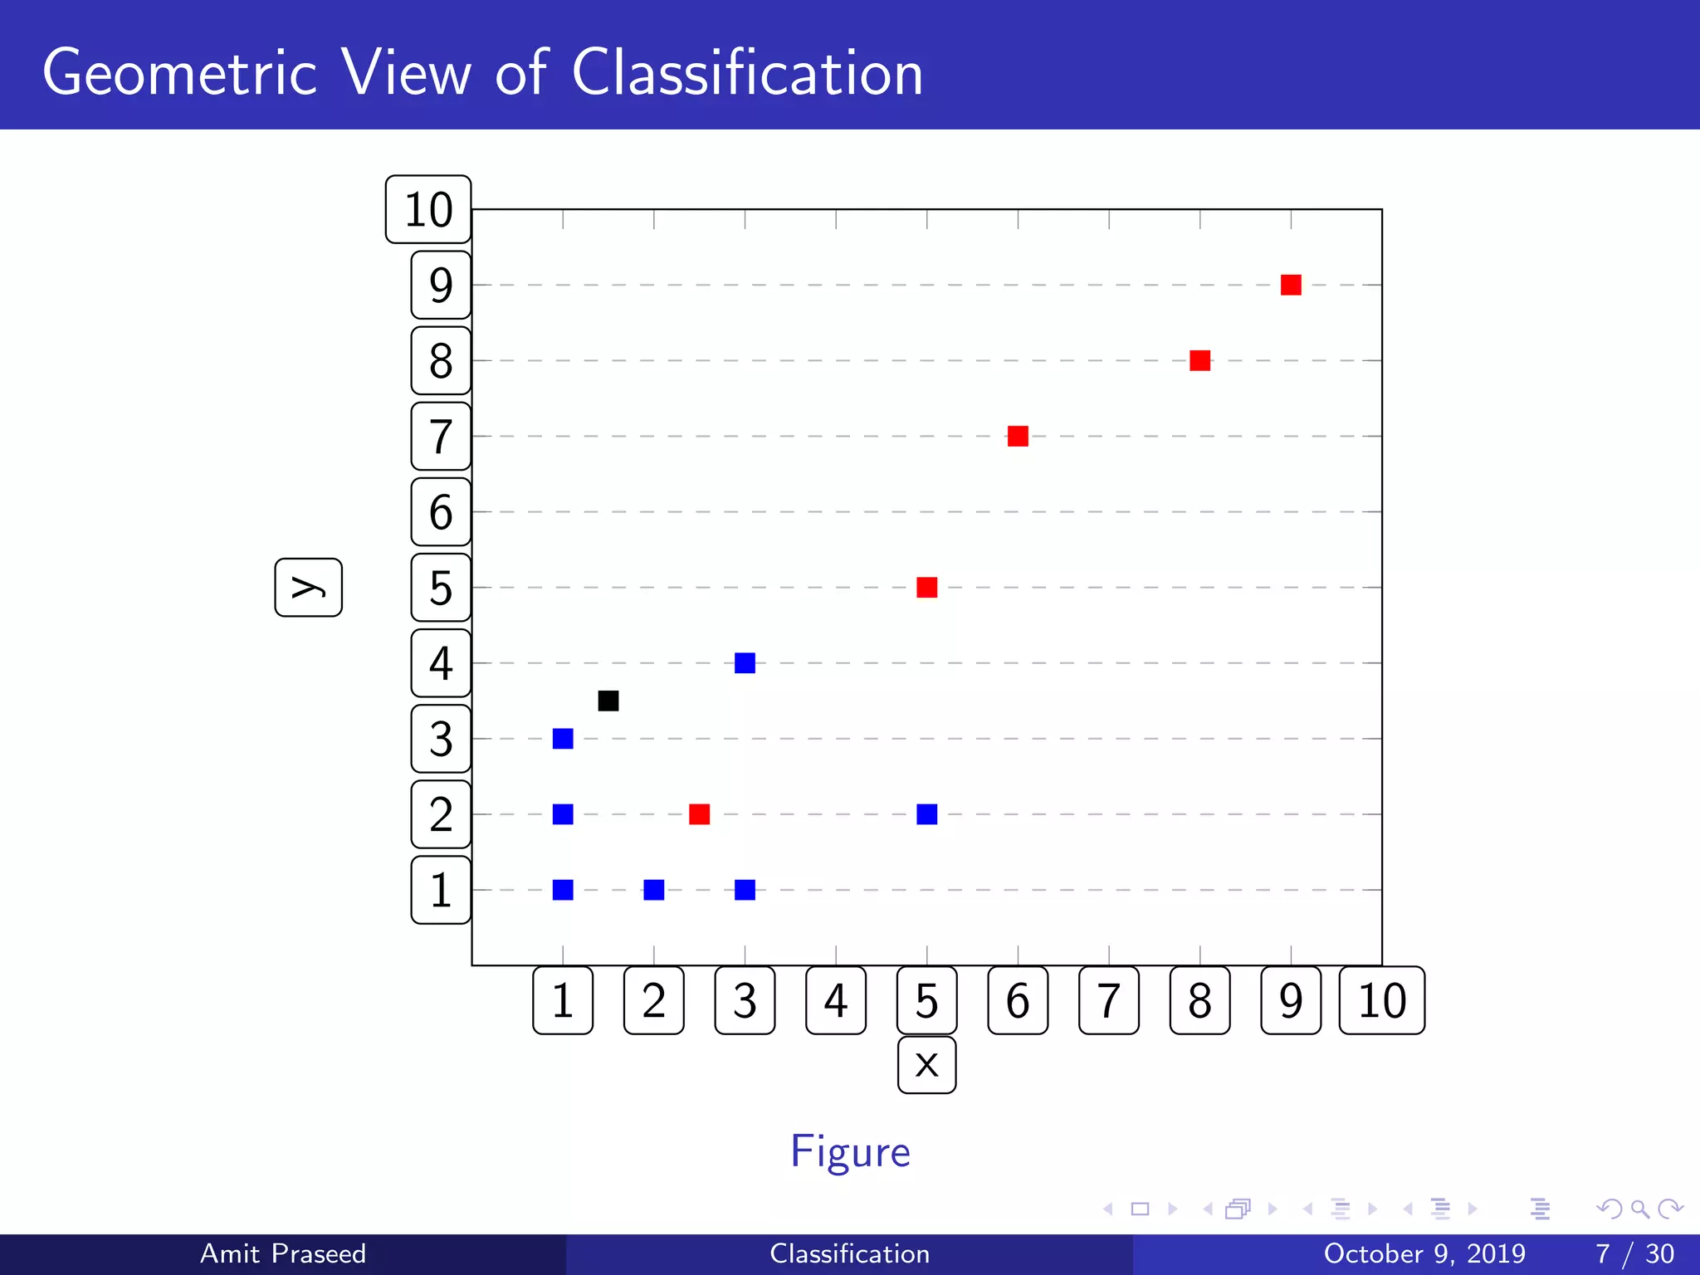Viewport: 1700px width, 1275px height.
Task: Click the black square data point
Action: [x=608, y=701]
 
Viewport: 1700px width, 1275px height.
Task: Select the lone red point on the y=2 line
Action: [x=699, y=814]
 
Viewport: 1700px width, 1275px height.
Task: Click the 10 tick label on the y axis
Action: [x=428, y=209]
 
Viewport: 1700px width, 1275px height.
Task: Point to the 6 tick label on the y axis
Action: [x=441, y=512]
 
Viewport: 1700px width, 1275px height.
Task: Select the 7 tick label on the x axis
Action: [x=1108, y=1000]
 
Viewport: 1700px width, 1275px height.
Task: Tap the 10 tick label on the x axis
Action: [x=1382, y=1000]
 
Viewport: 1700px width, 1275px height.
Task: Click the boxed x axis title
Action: [x=926, y=1065]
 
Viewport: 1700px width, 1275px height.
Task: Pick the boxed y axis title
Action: [x=308, y=587]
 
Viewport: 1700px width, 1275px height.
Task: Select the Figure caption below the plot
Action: [x=850, y=1151]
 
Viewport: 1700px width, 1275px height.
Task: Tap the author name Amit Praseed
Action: [x=283, y=1253]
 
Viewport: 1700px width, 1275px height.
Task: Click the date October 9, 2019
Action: [x=1424, y=1253]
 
